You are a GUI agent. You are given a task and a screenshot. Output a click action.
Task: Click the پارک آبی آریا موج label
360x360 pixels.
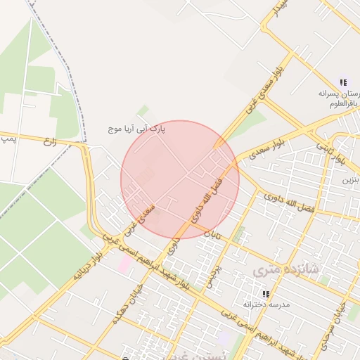coord(136,130)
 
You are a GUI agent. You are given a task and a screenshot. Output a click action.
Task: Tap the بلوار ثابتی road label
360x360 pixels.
coord(330,153)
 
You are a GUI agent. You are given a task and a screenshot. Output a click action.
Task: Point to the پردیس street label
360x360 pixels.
coord(212,277)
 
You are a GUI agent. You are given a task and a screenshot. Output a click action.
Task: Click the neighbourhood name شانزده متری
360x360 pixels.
coord(284,269)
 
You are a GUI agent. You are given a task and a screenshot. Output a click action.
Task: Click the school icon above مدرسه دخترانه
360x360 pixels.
coord(265,293)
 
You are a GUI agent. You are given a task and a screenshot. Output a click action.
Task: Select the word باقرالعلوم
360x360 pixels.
coord(345,103)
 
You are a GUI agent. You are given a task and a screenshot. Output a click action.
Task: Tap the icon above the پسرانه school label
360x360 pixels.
coord(342,82)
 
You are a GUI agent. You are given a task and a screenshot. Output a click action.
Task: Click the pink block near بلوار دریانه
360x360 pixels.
coord(125,264)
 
